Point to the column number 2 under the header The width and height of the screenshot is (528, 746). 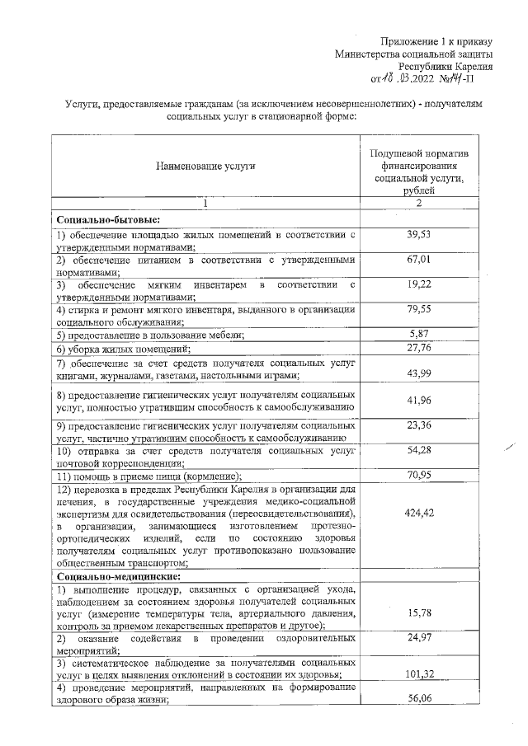419,203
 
